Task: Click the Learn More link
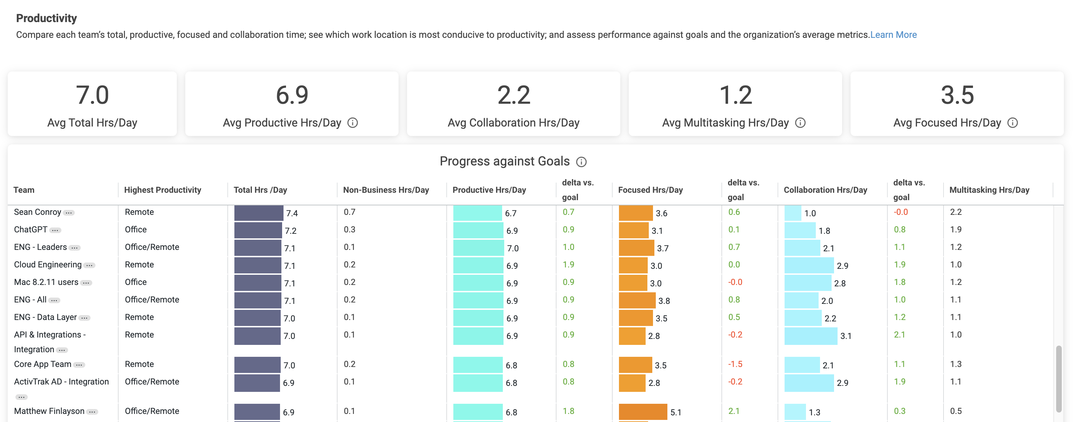click(x=893, y=35)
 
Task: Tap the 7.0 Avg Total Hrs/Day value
click(x=92, y=95)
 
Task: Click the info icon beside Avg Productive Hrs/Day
click(x=352, y=123)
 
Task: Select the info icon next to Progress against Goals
click(x=581, y=162)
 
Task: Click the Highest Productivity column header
click(x=162, y=190)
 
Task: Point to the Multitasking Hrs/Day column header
click(x=989, y=190)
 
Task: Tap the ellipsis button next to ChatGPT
click(x=55, y=230)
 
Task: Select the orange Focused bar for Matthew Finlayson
click(x=642, y=411)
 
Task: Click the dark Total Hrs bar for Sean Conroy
click(x=258, y=213)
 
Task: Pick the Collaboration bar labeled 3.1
click(x=810, y=336)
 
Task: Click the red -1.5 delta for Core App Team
click(x=735, y=364)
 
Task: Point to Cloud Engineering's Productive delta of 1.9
click(x=568, y=265)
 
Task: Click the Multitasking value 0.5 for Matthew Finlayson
click(x=955, y=411)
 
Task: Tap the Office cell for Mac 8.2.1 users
click(x=136, y=282)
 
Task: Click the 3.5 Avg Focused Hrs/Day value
click(x=957, y=95)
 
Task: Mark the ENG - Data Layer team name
click(x=45, y=317)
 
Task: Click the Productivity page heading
click(x=46, y=18)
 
